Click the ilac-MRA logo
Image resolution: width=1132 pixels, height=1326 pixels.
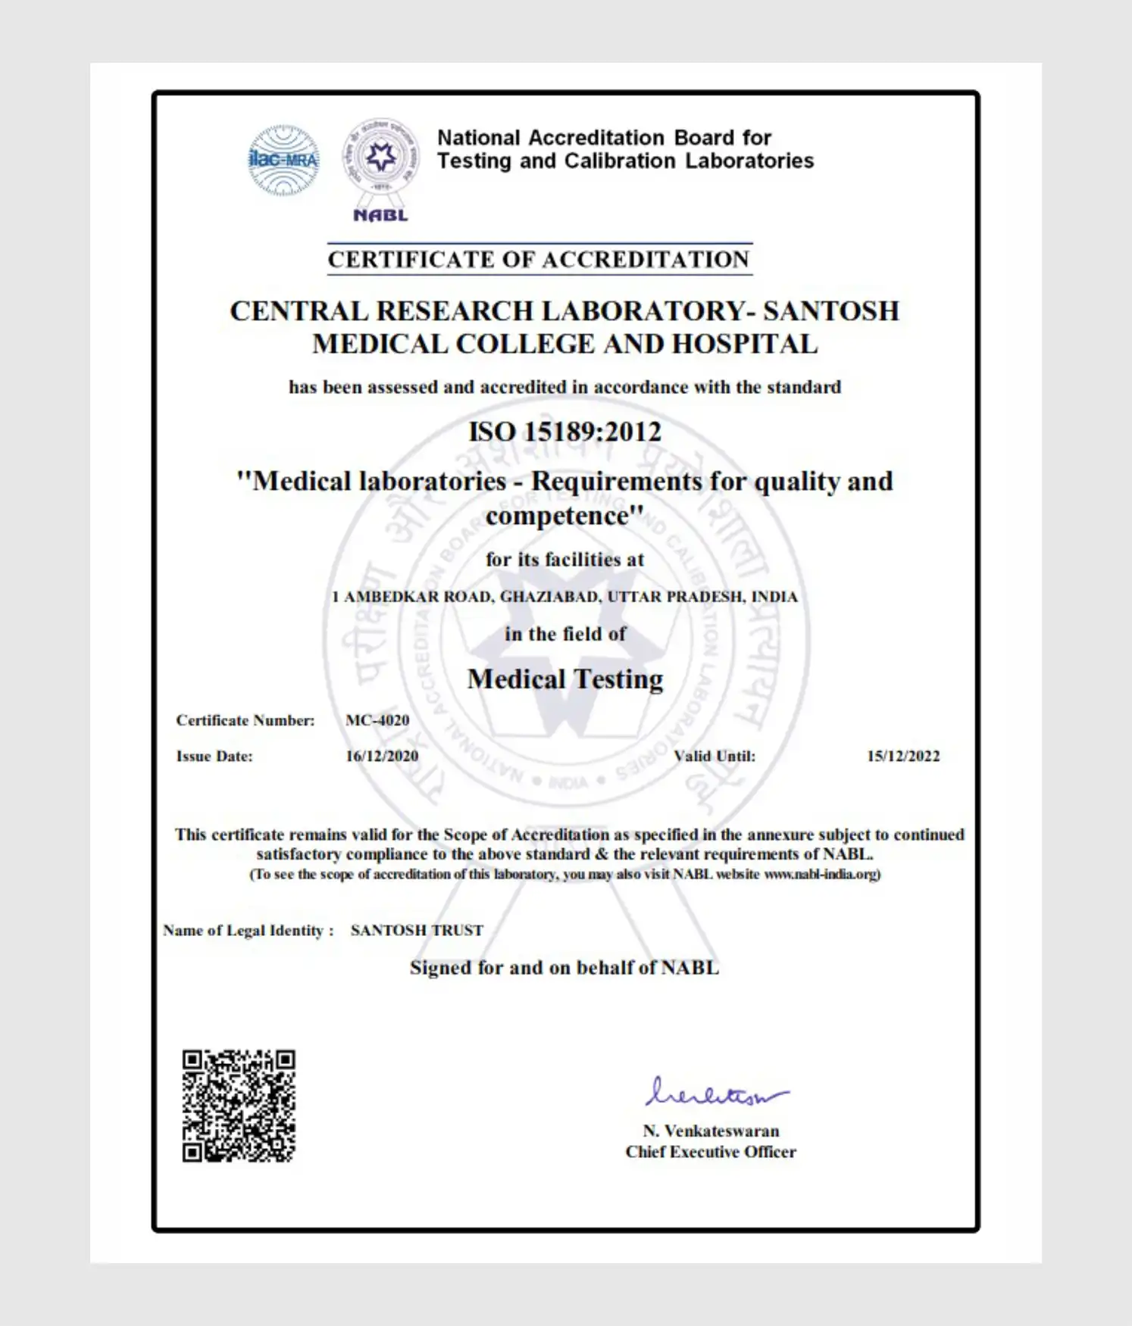[x=284, y=160]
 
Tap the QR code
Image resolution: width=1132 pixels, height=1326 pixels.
[x=239, y=1106]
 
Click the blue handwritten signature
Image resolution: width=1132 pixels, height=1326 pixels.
[x=716, y=1093]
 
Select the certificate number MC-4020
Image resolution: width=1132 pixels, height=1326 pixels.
[x=377, y=720]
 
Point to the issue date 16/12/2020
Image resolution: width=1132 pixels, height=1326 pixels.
[x=382, y=756]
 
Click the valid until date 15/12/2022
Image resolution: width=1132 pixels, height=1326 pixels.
[x=903, y=756]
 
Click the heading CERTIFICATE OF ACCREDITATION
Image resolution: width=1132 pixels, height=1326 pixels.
[x=539, y=260]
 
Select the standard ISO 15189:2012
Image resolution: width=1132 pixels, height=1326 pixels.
[x=565, y=432]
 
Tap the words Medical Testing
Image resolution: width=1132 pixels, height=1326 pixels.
[x=565, y=679]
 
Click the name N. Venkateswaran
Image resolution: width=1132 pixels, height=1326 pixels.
[x=711, y=1131]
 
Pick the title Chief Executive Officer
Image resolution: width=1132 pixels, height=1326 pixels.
[x=711, y=1152]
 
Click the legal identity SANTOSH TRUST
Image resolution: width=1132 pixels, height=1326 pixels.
[x=417, y=930]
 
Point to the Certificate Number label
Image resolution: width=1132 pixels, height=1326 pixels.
[x=245, y=720]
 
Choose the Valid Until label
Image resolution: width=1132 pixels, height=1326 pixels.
[x=715, y=756]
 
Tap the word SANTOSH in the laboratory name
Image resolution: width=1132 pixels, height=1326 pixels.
[x=831, y=311]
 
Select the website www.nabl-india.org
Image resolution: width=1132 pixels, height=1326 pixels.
[x=821, y=874]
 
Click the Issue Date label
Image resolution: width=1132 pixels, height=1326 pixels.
[x=214, y=756]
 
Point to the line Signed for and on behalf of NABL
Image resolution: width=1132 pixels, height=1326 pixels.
[x=564, y=968]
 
